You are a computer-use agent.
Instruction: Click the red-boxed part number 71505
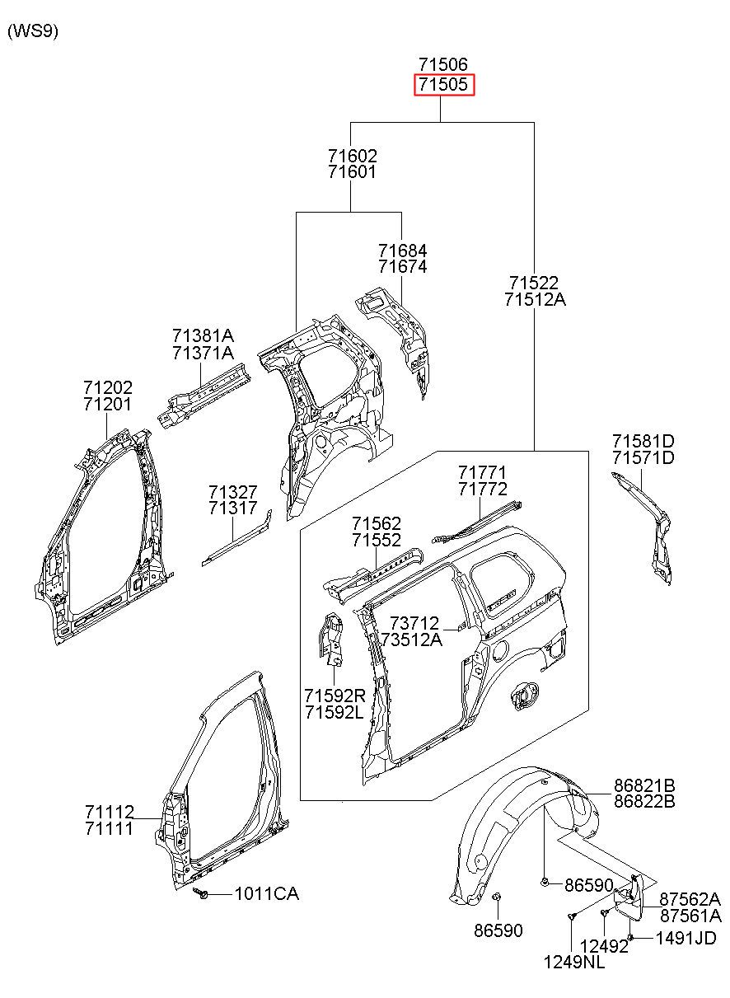(443, 84)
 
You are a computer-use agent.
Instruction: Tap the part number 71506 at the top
(443, 64)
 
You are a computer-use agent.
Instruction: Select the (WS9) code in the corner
(33, 31)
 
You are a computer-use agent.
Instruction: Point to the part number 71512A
(536, 299)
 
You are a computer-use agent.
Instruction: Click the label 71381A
(204, 335)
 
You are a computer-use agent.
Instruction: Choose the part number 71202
(108, 387)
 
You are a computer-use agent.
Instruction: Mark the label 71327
(233, 492)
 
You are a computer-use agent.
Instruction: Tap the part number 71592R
(335, 695)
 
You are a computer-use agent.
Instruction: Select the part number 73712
(414, 623)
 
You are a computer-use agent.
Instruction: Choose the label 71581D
(643, 441)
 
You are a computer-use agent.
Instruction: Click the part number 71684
(403, 250)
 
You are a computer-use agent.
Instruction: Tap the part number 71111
(109, 829)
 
